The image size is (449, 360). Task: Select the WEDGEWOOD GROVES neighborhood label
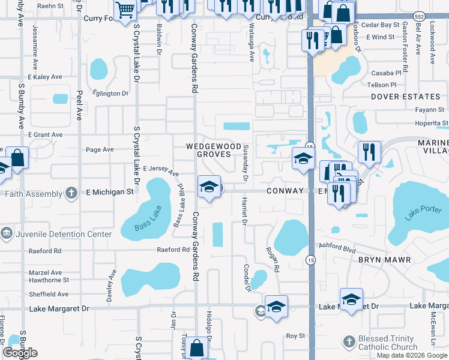pos(208,150)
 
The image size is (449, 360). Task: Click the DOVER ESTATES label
pos(405,97)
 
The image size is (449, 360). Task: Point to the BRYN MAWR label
pos(385,260)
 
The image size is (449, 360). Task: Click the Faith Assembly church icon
pos(71,193)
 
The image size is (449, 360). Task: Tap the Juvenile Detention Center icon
pos(6,233)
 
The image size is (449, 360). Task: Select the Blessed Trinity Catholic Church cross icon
pos(349,342)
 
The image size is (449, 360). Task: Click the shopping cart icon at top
pos(125,10)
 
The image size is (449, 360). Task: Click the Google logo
pos(20,353)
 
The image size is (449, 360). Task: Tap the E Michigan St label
pos(110,192)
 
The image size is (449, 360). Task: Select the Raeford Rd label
pos(173,250)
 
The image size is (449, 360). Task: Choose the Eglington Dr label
pos(110,94)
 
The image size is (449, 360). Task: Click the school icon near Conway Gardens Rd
pos(208,185)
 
